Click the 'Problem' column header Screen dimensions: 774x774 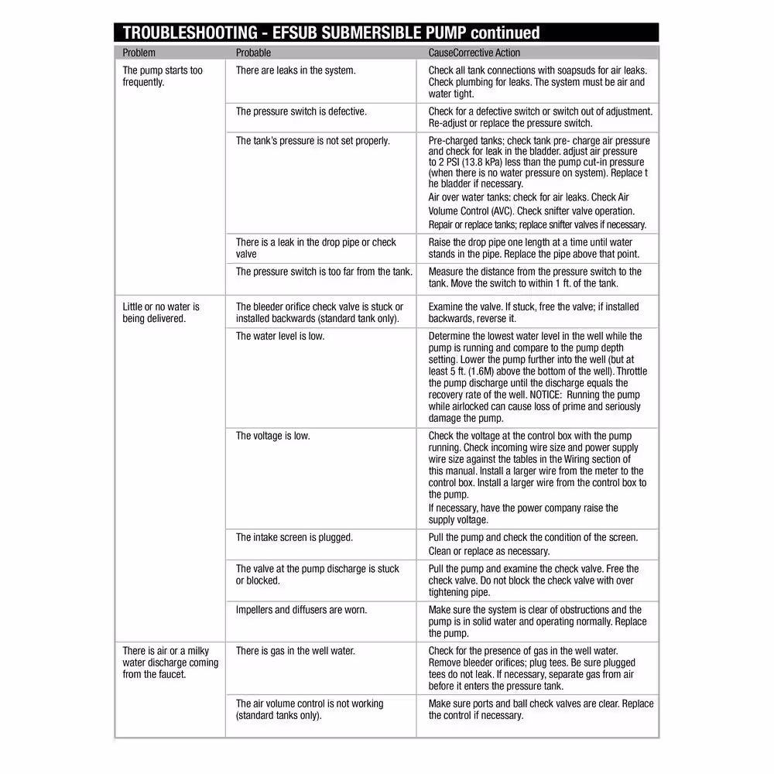(x=139, y=53)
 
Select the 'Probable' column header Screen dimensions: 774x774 (x=253, y=53)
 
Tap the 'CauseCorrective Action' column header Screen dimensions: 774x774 (x=474, y=53)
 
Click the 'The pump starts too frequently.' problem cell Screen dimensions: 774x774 (x=163, y=76)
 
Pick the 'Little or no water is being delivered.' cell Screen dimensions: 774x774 (x=161, y=313)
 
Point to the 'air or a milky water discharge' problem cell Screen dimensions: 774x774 (x=170, y=663)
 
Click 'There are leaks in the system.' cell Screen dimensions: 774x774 (x=296, y=70)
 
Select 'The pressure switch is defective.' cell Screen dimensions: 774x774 (x=301, y=111)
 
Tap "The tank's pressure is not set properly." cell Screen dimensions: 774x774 (x=313, y=141)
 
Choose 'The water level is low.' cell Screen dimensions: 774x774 (x=280, y=336)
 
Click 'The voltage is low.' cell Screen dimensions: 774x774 (x=272, y=436)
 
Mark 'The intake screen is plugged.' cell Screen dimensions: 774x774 (x=294, y=537)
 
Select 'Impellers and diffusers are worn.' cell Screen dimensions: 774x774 (x=301, y=610)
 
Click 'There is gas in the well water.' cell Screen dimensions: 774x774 (x=296, y=651)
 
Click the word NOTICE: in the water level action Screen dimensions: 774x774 (x=550, y=395)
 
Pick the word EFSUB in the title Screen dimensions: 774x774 (x=293, y=33)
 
